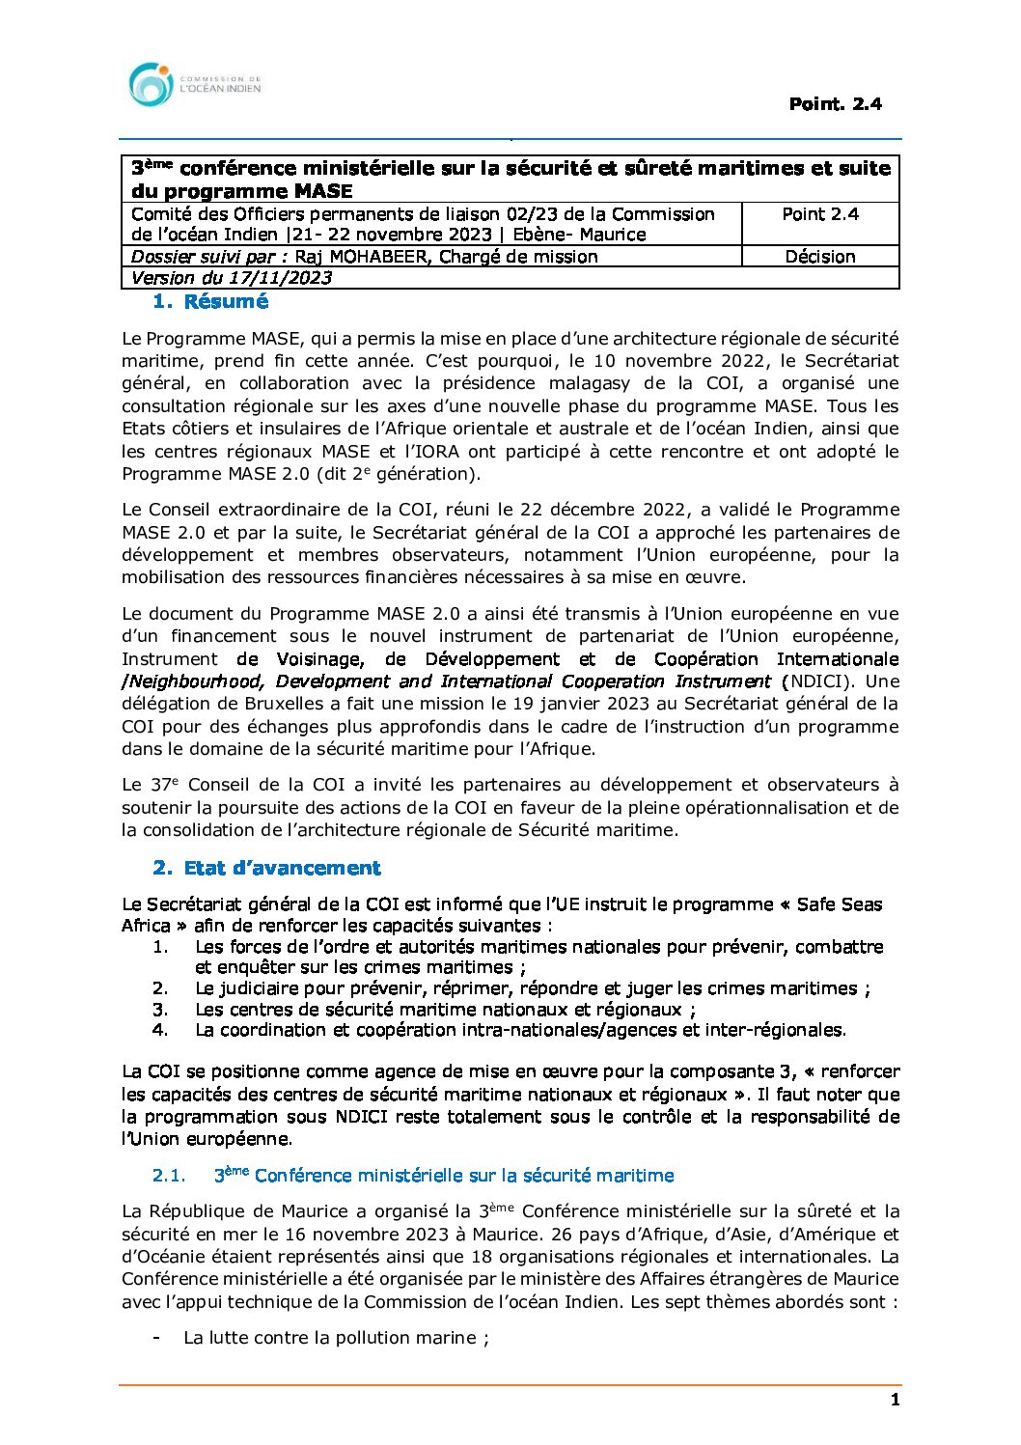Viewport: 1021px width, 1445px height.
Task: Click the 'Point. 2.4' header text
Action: (x=835, y=103)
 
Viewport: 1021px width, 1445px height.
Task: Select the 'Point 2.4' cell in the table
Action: (x=819, y=214)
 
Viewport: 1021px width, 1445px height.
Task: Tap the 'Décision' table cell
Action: (x=819, y=257)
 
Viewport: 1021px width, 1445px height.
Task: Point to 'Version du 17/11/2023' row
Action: (x=232, y=278)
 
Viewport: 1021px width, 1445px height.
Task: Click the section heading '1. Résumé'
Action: (x=210, y=301)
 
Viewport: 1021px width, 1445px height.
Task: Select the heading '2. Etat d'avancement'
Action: (x=266, y=868)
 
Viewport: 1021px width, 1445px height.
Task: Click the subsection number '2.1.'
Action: (x=169, y=1175)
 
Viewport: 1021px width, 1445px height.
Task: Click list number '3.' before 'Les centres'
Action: (x=160, y=1009)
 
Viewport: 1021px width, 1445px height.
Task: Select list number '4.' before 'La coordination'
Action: (x=160, y=1030)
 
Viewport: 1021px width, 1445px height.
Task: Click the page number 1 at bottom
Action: (x=895, y=1400)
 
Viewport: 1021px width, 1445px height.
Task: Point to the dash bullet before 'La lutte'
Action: (x=156, y=1338)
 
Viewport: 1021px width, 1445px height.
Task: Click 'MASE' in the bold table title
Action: (x=317, y=190)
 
